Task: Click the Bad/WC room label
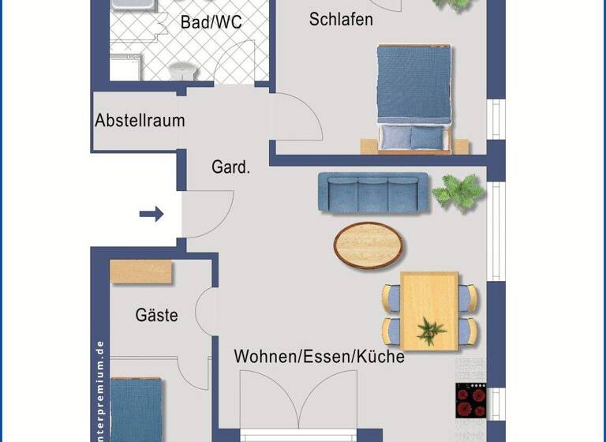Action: point(211,23)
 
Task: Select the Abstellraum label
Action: point(140,121)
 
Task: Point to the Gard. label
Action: point(230,167)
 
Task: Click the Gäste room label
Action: point(156,316)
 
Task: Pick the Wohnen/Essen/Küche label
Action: point(319,357)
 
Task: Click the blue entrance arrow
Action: point(151,213)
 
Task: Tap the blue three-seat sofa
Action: point(373,193)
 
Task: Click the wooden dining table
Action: point(429,310)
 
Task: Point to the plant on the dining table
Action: point(431,330)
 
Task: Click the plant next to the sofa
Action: point(458,193)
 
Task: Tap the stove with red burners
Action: point(471,400)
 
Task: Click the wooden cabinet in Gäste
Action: point(141,271)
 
